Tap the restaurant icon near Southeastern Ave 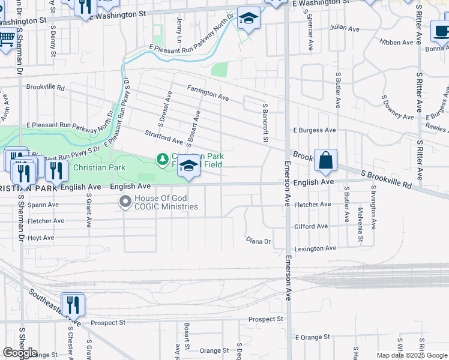73,304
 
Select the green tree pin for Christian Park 162,160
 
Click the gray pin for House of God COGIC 125,202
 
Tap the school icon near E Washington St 249,19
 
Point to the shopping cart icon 6,40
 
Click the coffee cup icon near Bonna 441,31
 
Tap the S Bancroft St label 265,122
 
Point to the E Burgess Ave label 315,130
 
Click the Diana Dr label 259,241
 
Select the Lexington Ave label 315,248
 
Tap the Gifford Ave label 311,226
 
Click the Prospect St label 107,322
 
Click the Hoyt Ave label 41,238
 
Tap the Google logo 20,353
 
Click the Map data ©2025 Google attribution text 411,355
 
